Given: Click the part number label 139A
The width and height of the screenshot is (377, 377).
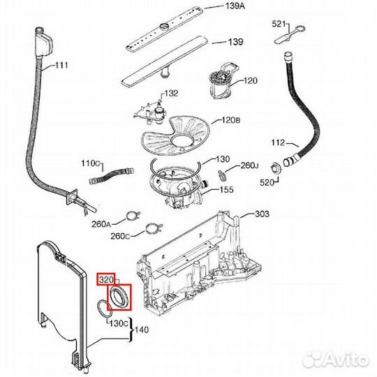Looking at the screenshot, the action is (x=235, y=6).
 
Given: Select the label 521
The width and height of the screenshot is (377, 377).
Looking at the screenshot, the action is (x=279, y=24).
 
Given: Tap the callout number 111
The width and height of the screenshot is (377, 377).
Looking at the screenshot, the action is (x=61, y=65).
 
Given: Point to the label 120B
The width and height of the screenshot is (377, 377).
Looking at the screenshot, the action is (x=231, y=120).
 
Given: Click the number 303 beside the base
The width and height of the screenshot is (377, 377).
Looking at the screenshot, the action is (x=262, y=214).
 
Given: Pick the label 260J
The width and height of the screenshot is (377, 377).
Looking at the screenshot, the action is (x=250, y=165).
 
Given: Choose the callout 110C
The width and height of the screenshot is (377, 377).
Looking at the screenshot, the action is (x=90, y=163).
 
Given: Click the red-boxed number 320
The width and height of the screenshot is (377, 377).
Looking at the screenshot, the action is (x=106, y=280).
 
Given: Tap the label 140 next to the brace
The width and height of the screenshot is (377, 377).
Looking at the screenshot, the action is (x=142, y=330).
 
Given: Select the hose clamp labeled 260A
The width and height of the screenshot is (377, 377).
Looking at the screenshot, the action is (x=133, y=215).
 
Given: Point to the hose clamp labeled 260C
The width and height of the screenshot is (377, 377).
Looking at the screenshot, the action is (x=154, y=228).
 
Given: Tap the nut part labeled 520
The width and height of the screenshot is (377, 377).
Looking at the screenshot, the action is (x=276, y=168).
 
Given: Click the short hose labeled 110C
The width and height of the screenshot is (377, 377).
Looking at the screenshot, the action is (x=111, y=175).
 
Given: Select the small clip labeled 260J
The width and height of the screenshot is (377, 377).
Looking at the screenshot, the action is (x=221, y=175).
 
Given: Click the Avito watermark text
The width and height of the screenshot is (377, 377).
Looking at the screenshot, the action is (x=336, y=360).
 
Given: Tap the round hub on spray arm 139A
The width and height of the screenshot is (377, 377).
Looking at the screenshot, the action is (x=165, y=26).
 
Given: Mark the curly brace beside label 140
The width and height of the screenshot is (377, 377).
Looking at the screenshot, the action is (x=131, y=330).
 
